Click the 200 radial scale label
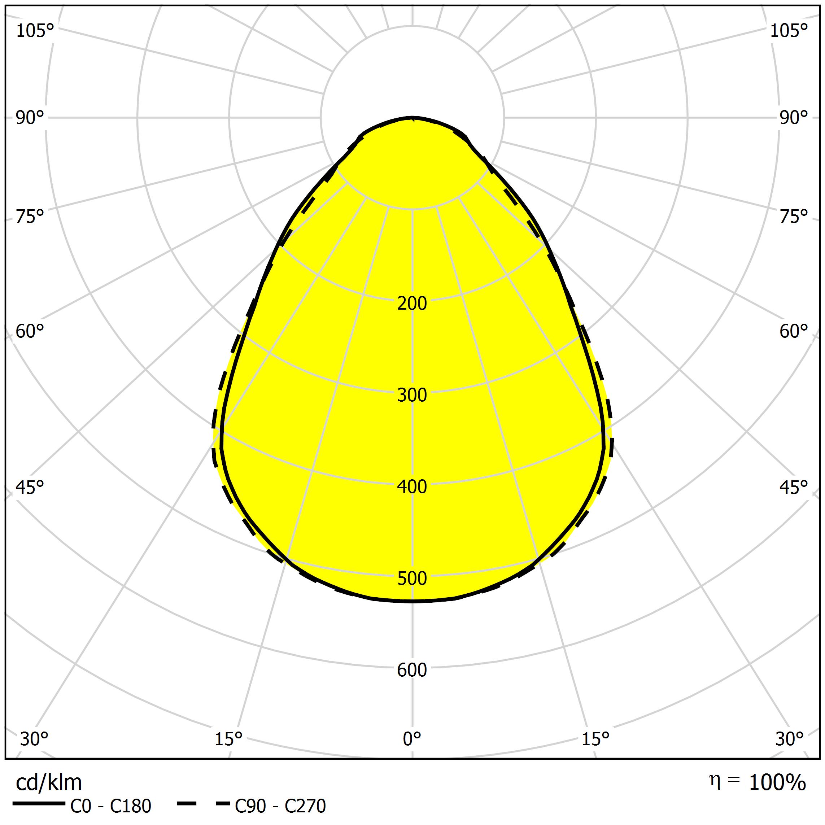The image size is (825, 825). pos(412,304)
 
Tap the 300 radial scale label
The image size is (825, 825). pos(412,396)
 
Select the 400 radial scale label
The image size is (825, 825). pos(412,487)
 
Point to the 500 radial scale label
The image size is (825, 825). pos(412,579)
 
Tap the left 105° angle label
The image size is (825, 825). pos(35,31)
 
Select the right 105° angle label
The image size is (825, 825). pos(789,31)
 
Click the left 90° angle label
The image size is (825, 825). pos(30,118)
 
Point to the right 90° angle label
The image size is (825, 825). pos(794,118)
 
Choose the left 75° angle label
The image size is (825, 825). pos(30,217)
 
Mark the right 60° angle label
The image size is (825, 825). pos(794,332)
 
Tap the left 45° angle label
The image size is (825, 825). pos(30,488)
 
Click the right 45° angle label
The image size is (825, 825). pos(794,488)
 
